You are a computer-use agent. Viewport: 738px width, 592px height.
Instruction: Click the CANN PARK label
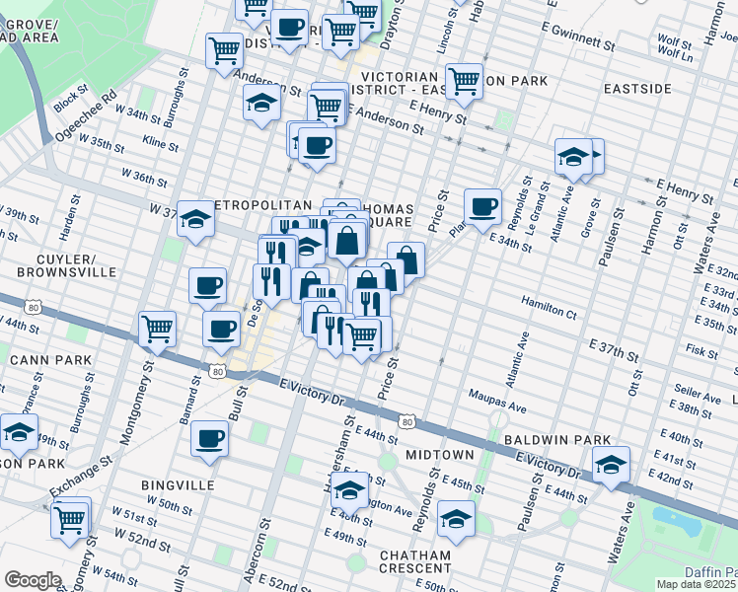click(x=36, y=359)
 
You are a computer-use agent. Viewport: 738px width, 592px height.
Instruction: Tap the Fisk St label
click(x=701, y=349)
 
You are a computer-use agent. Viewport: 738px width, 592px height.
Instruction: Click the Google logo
click(x=33, y=579)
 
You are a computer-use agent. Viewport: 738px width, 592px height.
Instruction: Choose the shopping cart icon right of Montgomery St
click(x=157, y=328)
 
